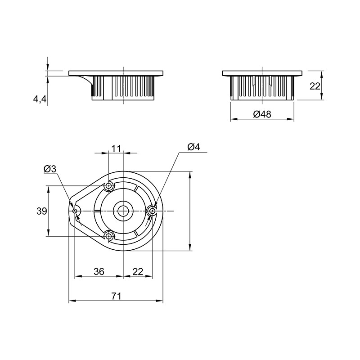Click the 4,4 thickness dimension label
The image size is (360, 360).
point(40,99)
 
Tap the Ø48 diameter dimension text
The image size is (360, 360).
point(262,114)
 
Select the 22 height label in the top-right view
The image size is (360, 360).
point(315,86)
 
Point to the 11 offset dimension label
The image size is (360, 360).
point(116,148)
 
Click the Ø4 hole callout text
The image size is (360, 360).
point(193,147)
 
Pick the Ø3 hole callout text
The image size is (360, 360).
point(50,169)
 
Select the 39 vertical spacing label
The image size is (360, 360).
point(42,211)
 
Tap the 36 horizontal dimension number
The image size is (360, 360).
point(99,271)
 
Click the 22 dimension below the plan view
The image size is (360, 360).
point(138,272)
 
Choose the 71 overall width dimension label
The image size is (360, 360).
point(116,296)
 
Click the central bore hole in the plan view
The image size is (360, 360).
point(123,211)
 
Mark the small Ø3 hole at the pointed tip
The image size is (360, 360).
point(75,211)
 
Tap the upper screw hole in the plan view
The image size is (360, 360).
point(108,185)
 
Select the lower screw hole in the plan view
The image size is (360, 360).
point(108,236)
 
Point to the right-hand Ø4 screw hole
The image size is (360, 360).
point(152,211)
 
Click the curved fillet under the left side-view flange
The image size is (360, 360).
point(87,80)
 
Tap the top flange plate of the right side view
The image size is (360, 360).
point(262,73)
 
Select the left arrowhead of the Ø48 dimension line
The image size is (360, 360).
point(233,119)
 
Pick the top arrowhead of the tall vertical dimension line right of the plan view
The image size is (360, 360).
point(190,175)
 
